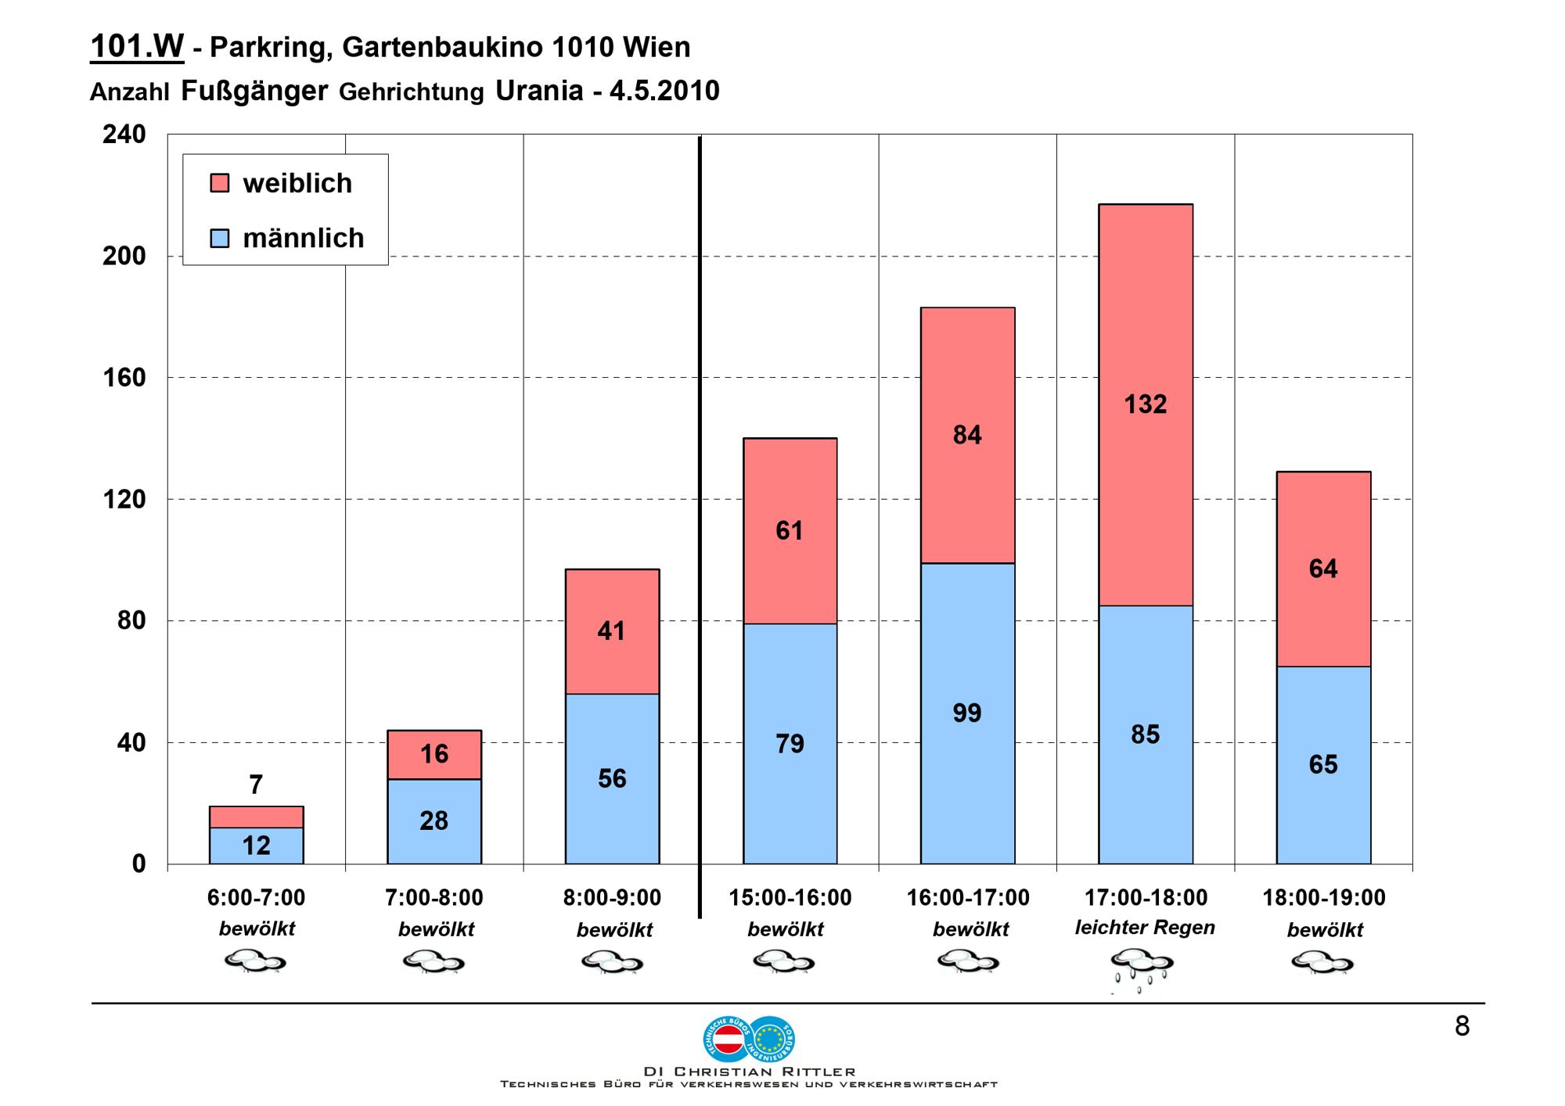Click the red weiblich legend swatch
point(220,183)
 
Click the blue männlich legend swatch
point(220,238)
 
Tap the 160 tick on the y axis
point(124,378)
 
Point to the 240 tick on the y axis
point(124,135)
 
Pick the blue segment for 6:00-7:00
point(256,846)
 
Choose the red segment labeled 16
point(434,754)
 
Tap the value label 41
point(611,631)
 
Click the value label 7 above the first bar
point(256,785)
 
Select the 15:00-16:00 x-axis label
point(790,898)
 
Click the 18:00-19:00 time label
point(1323,898)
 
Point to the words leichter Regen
point(1145,928)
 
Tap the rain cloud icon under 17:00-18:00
point(1143,967)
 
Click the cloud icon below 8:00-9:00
point(612,961)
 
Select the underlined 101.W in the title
point(137,47)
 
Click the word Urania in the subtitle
point(539,91)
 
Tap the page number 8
point(1462,1026)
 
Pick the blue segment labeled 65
point(1323,764)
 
